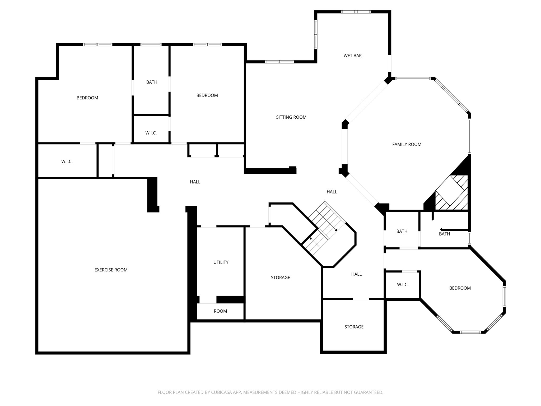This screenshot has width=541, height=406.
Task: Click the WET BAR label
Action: click(x=352, y=56)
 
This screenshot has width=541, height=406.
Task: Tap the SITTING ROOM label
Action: click(x=291, y=117)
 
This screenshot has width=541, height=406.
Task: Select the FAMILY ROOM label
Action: click(x=407, y=144)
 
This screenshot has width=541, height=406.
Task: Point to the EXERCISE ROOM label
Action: click(x=111, y=270)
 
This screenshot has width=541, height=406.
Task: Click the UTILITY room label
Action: click(x=221, y=262)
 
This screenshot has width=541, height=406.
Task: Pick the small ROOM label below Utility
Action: click(x=220, y=311)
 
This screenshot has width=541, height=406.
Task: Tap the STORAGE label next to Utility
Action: click(x=280, y=278)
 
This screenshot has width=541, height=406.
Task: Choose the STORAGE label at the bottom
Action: click(x=354, y=327)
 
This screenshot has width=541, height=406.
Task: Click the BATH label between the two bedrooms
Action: click(x=152, y=82)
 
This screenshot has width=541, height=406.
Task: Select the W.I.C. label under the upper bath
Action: click(x=151, y=133)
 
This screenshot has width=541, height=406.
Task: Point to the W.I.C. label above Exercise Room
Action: click(x=67, y=162)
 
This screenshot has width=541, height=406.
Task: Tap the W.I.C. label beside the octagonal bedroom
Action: click(x=403, y=285)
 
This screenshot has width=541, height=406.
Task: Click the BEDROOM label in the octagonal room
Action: click(x=460, y=288)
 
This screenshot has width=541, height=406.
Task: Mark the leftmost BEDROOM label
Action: click(x=87, y=98)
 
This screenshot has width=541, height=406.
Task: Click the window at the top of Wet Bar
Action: click(x=356, y=12)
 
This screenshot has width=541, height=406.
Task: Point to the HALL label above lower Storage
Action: click(x=356, y=274)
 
